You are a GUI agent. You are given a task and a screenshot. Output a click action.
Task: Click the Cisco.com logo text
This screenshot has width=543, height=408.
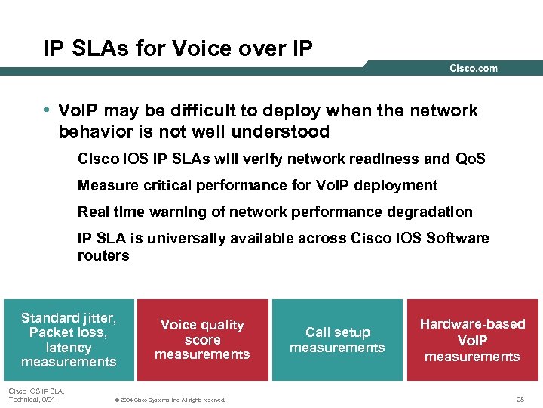(474, 69)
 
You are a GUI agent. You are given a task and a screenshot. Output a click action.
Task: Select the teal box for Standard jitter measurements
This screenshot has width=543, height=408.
(69, 340)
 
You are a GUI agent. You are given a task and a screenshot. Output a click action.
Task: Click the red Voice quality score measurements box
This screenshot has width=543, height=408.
(202, 339)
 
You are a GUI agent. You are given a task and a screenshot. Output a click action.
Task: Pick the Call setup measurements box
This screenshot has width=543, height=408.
(337, 339)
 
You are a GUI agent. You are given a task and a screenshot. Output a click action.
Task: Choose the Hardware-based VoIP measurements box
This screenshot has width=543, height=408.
(472, 339)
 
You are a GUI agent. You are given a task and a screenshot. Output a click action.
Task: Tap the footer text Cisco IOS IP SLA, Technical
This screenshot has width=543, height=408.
(35, 394)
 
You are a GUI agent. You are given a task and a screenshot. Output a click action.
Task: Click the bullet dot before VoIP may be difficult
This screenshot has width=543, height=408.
(48, 111)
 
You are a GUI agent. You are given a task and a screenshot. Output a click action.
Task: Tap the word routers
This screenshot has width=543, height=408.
(103, 255)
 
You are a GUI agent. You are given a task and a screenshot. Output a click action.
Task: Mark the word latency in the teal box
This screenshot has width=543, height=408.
(69, 348)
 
